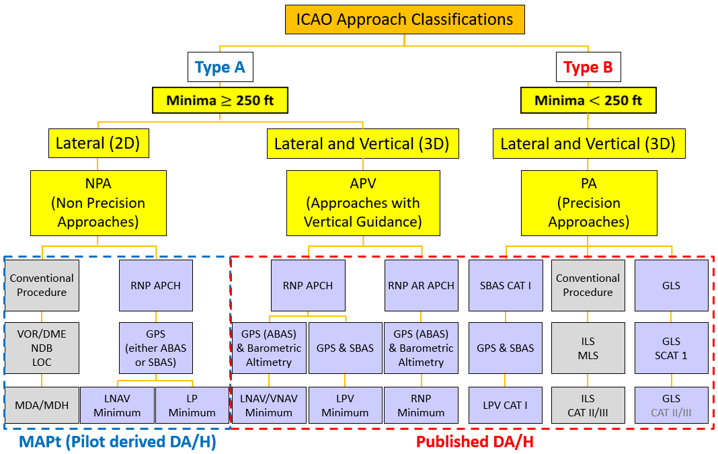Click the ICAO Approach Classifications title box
[405, 20]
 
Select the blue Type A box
[220, 68]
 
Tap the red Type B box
[588, 68]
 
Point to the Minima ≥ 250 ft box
[220, 101]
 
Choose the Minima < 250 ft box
[588, 101]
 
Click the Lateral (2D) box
[98, 144]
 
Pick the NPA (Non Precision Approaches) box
[98, 202]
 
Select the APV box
[363, 202]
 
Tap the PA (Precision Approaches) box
[588, 202]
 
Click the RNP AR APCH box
[421, 285]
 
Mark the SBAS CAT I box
[506, 285]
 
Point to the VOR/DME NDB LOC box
[42, 348]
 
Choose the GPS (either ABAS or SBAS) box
[155, 348]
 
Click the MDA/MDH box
[42, 405]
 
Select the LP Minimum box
[192, 405]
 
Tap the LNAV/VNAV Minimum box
[269, 405]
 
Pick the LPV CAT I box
[506, 405]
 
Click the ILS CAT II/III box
[588, 405]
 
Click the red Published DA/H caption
[475, 443]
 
